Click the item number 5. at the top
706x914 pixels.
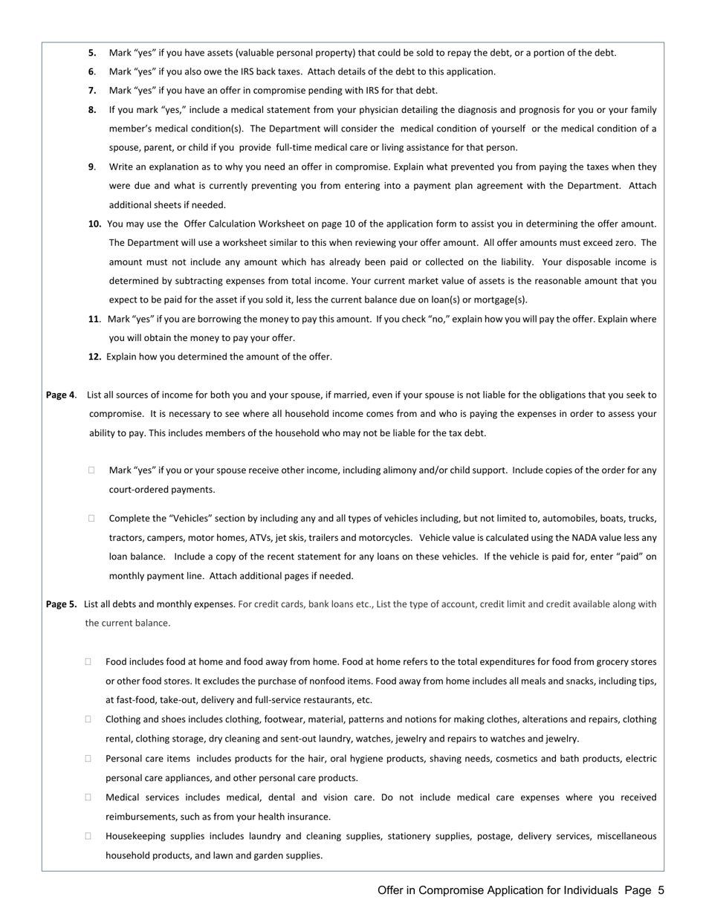tap(92, 53)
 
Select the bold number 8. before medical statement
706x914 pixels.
tap(92, 109)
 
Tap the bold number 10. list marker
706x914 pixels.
tap(94, 224)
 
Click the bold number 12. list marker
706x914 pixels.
tap(94, 357)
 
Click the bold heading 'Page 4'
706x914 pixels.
tap(60, 395)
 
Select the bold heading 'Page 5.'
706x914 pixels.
tap(61, 604)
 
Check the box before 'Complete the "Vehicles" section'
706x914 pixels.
tap(91, 519)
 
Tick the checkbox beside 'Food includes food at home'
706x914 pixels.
tap(88, 661)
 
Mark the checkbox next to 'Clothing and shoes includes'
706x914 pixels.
tap(88, 719)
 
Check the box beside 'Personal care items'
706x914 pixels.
tap(88, 759)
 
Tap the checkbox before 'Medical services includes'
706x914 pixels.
tap(88, 797)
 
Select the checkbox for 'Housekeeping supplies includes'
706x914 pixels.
tap(88, 836)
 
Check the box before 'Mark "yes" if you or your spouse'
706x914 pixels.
tap(91, 470)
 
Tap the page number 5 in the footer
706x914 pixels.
tap(661, 890)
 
